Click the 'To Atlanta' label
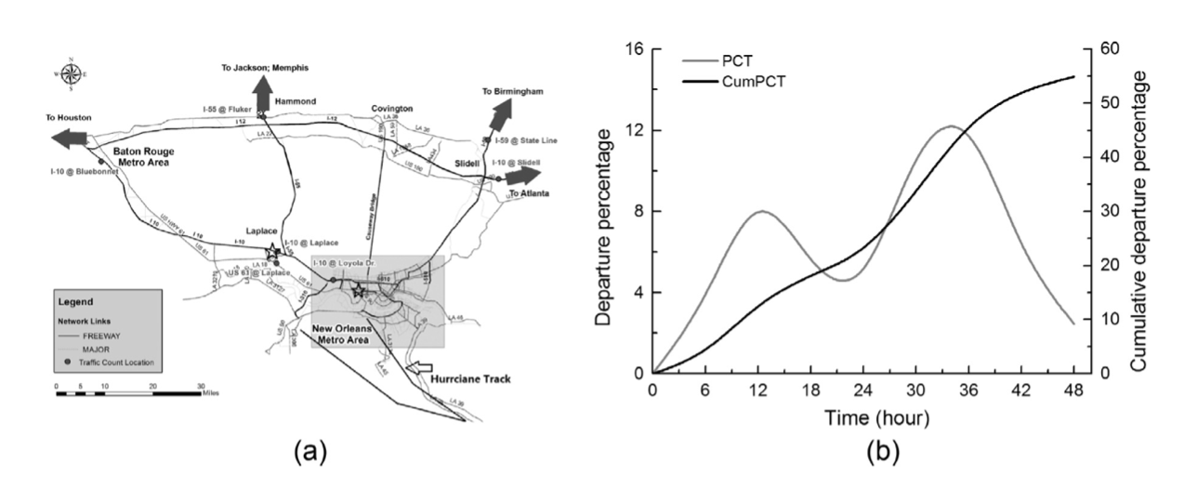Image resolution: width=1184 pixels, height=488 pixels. (529, 193)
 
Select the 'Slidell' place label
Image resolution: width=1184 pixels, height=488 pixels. (469, 162)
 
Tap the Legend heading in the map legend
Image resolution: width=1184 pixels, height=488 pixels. (76, 301)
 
